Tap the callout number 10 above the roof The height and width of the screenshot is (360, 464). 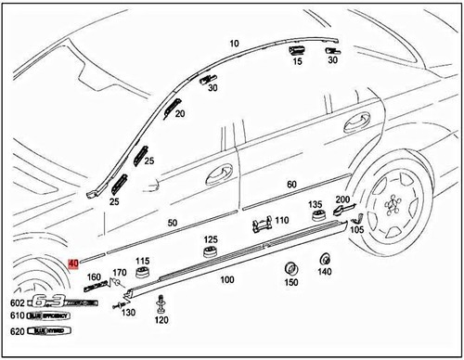234,44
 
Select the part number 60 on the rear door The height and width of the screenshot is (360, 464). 291,185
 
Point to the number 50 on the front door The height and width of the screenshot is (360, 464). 172,224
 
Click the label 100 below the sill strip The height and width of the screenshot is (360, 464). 226,279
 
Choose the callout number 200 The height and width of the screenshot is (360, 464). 342,200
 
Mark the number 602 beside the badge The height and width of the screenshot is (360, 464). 17,302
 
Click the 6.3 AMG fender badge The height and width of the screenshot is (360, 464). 61,302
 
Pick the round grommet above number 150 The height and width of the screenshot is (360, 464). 289,269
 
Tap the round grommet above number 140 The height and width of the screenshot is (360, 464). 325,259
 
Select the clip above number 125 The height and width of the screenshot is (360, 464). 210,255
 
